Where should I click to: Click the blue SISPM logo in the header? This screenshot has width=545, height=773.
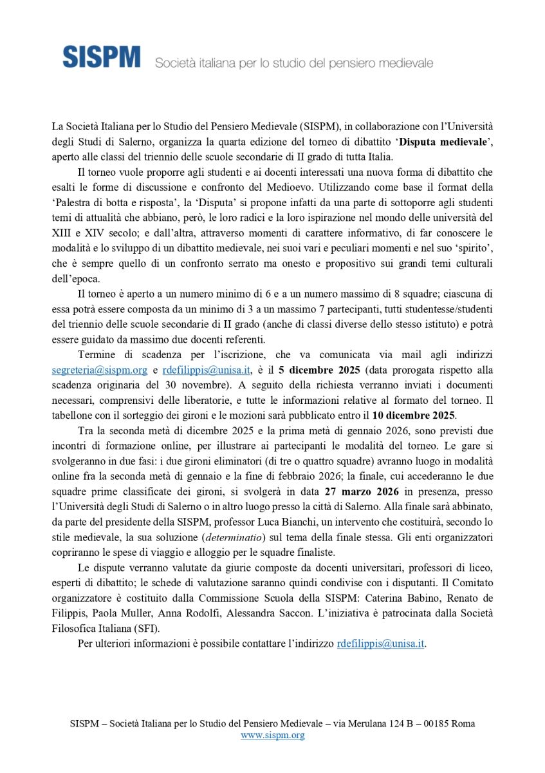(x=101, y=57)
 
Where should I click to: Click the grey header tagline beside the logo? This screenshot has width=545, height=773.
(x=293, y=63)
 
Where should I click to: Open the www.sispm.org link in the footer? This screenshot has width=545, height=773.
(x=272, y=735)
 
